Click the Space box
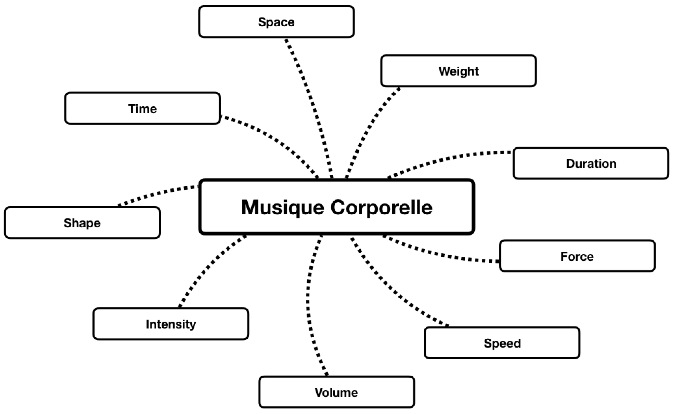276,22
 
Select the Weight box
458,71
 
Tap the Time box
143,108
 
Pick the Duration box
591,163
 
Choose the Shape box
82,223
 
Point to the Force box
577,256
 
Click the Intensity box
171,324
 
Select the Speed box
502,343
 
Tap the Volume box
336,392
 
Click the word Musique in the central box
282,208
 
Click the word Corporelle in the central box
382,208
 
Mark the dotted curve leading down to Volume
308,301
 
